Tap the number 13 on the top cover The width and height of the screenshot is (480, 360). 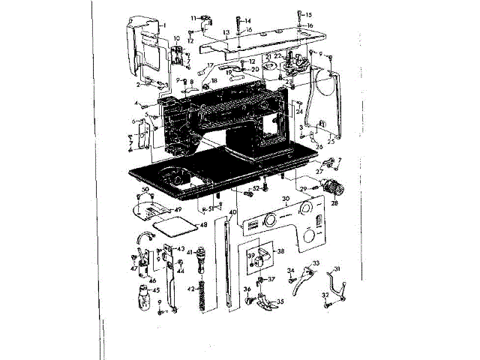(x=225, y=34)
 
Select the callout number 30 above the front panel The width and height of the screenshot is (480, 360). (x=286, y=199)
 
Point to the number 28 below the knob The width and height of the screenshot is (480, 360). (x=334, y=203)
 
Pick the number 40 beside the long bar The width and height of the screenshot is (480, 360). (x=232, y=212)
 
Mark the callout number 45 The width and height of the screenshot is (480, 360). (x=156, y=291)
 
